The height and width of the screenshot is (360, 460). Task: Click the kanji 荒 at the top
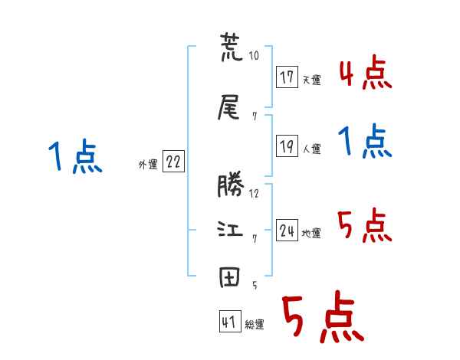[x=229, y=48]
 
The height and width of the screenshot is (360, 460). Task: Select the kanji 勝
[x=229, y=186]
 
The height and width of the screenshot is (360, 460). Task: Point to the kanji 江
[x=229, y=230]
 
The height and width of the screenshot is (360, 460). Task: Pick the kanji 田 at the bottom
[x=229, y=278]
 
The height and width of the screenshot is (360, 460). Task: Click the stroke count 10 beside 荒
[x=254, y=56]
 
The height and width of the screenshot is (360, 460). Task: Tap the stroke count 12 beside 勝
[x=254, y=193]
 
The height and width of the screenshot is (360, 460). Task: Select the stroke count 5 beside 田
[x=254, y=285]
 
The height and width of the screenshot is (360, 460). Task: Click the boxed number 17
[x=287, y=77]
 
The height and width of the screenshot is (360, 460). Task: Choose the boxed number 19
[x=287, y=146]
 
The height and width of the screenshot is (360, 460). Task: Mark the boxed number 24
[x=287, y=231]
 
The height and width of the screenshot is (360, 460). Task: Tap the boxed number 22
[x=173, y=162]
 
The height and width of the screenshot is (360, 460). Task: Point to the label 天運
[x=311, y=80]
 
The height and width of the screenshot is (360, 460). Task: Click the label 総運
[x=255, y=324]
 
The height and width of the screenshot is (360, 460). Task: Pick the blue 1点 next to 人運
[x=365, y=142]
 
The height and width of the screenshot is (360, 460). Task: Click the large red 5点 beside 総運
[x=322, y=319]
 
